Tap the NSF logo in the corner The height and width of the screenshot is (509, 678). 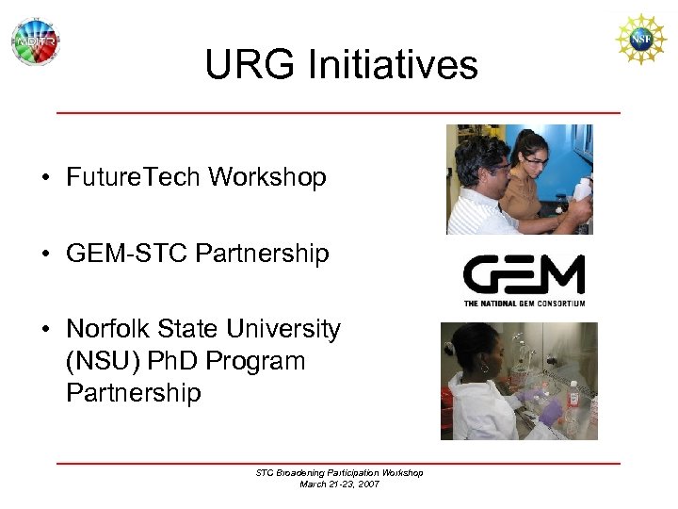(640, 39)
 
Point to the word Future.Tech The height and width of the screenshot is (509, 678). (134, 177)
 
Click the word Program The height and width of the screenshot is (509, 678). (266, 361)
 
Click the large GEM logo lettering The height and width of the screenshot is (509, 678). (524, 275)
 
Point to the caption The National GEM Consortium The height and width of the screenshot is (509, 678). (524, 303)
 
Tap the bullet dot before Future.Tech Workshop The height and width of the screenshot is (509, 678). (44, 178)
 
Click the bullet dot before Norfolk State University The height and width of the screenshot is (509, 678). (44, 330)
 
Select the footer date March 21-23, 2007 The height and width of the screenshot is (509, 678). (339, 484)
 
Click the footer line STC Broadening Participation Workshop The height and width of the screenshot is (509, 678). (339, 472)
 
